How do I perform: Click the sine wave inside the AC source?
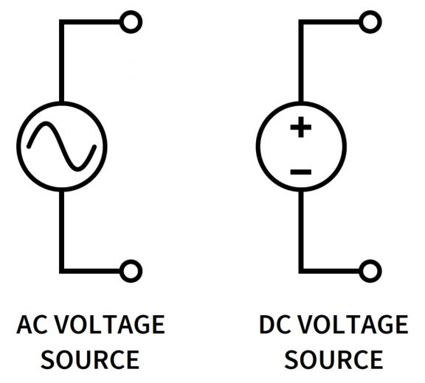(x=62, y=144)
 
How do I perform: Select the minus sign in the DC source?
(x=300, y=172)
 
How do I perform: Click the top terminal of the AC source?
(x=131, y=23)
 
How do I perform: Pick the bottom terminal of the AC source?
(x=131, y=270)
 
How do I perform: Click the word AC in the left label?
(x=34, y=325)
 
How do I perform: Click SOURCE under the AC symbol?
(x=89, y=360)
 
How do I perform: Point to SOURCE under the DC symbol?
(x=334, y=360)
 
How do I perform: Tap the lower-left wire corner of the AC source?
(x=63, y=270)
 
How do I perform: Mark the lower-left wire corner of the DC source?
(x=301, y=270)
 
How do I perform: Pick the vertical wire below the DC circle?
(x=301, y=228)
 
